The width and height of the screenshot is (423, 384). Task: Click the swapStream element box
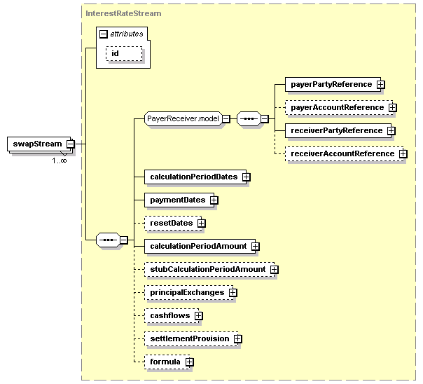(x=36, y=144)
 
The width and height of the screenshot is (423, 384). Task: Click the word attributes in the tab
(x=127, y=34)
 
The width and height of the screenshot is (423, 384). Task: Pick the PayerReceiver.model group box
(x=183, y=118)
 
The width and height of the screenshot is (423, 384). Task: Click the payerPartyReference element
(x=331, y=84)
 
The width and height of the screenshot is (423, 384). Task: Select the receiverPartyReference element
(x=336, y=130)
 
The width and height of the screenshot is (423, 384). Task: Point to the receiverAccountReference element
(x=342, y=153)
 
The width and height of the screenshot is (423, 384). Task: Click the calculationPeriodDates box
(x=193, y=177)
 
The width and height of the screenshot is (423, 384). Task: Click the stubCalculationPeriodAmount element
(x=207, y=269)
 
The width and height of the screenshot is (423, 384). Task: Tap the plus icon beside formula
(x=189, y=362)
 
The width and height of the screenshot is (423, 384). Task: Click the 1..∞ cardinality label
(x=60, y=160)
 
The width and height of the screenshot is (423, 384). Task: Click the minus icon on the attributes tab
(x=104, y=34)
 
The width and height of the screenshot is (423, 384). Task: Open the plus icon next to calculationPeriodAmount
(x=256, y=246)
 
